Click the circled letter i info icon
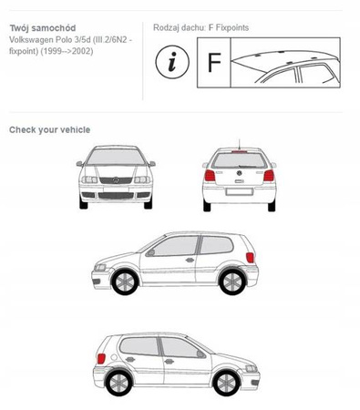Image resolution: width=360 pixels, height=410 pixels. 172,62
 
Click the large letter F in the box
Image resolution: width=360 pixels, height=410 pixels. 214,62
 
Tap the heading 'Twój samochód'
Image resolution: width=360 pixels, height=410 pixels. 43,28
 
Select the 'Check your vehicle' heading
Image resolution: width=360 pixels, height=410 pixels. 49,129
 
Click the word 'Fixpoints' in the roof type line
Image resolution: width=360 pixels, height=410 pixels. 232,27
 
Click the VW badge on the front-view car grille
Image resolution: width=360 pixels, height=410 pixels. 116,179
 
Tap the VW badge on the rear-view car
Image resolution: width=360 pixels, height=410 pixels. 239,173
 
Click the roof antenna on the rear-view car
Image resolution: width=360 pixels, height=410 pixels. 239,144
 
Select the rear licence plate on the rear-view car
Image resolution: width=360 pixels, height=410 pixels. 239,191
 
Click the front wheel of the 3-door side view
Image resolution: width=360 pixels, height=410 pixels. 125,282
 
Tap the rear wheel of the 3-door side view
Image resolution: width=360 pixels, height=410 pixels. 231,282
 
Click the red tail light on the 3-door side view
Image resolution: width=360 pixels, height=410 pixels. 250,258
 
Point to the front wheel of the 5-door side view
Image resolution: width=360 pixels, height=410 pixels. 226,383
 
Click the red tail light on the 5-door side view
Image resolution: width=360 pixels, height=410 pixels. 101,358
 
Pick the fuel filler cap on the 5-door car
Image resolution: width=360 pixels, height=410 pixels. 114,357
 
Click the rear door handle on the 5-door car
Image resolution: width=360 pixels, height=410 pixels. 130,359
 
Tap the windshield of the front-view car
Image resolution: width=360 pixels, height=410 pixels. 116,157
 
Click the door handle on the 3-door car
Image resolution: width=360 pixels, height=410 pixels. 190,260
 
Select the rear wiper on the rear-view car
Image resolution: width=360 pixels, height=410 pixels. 248,166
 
